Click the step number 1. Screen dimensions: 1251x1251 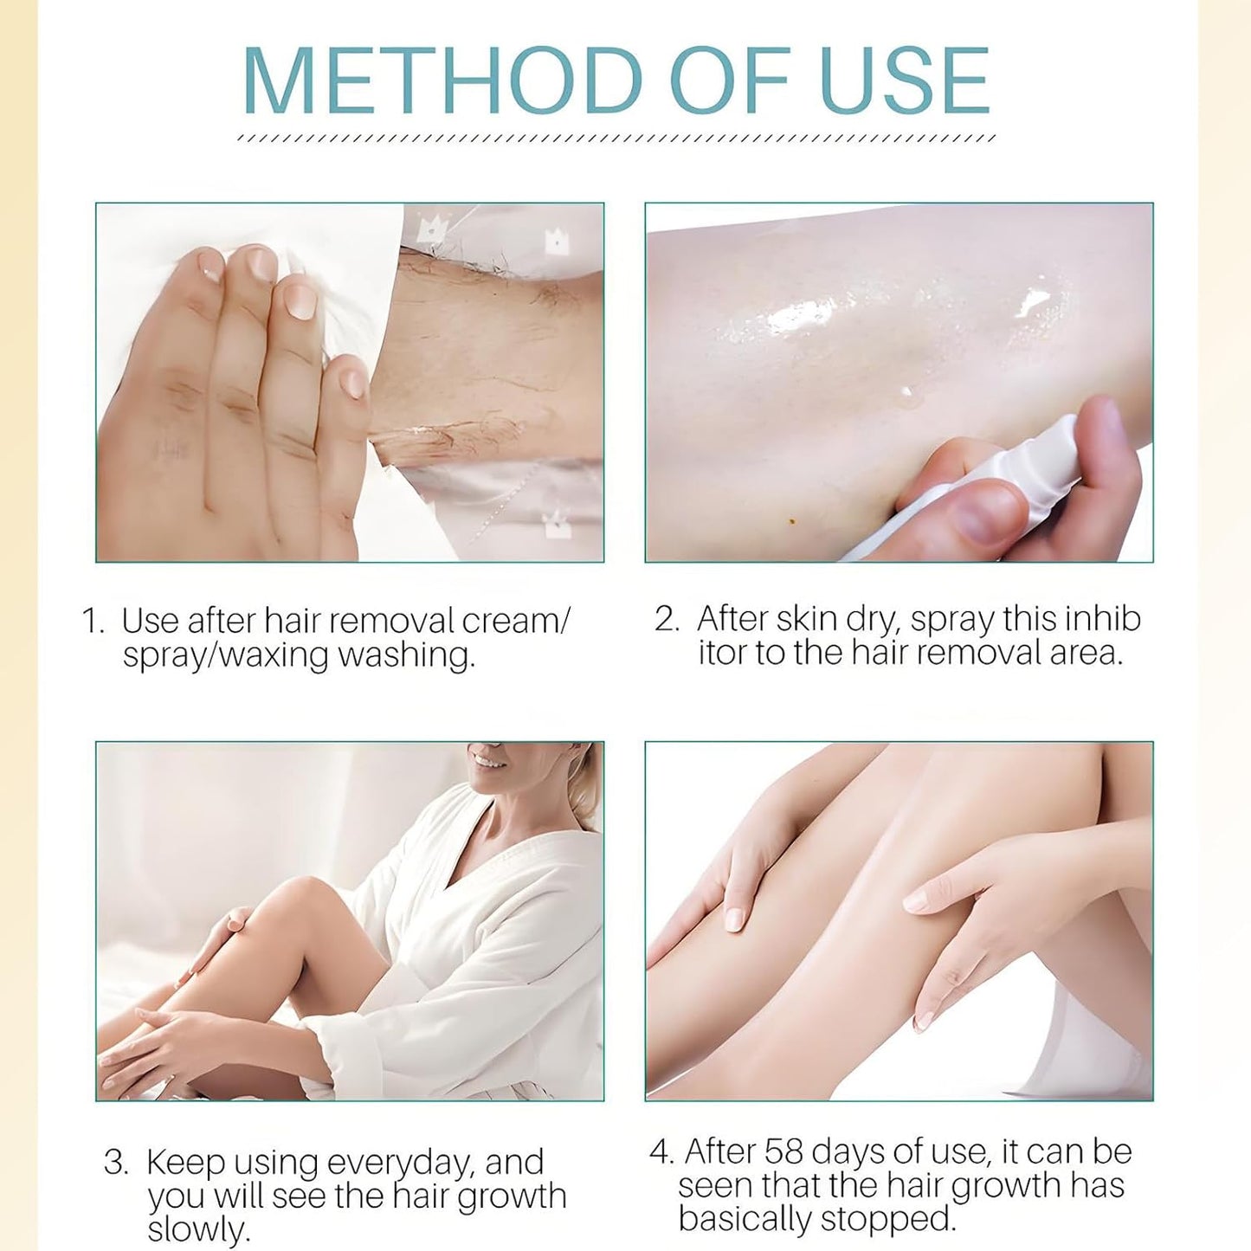click(x=92, y=622)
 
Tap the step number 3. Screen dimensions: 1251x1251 click(x=116, y=1163)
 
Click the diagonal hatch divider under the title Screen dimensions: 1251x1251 click(x=616, y=138)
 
